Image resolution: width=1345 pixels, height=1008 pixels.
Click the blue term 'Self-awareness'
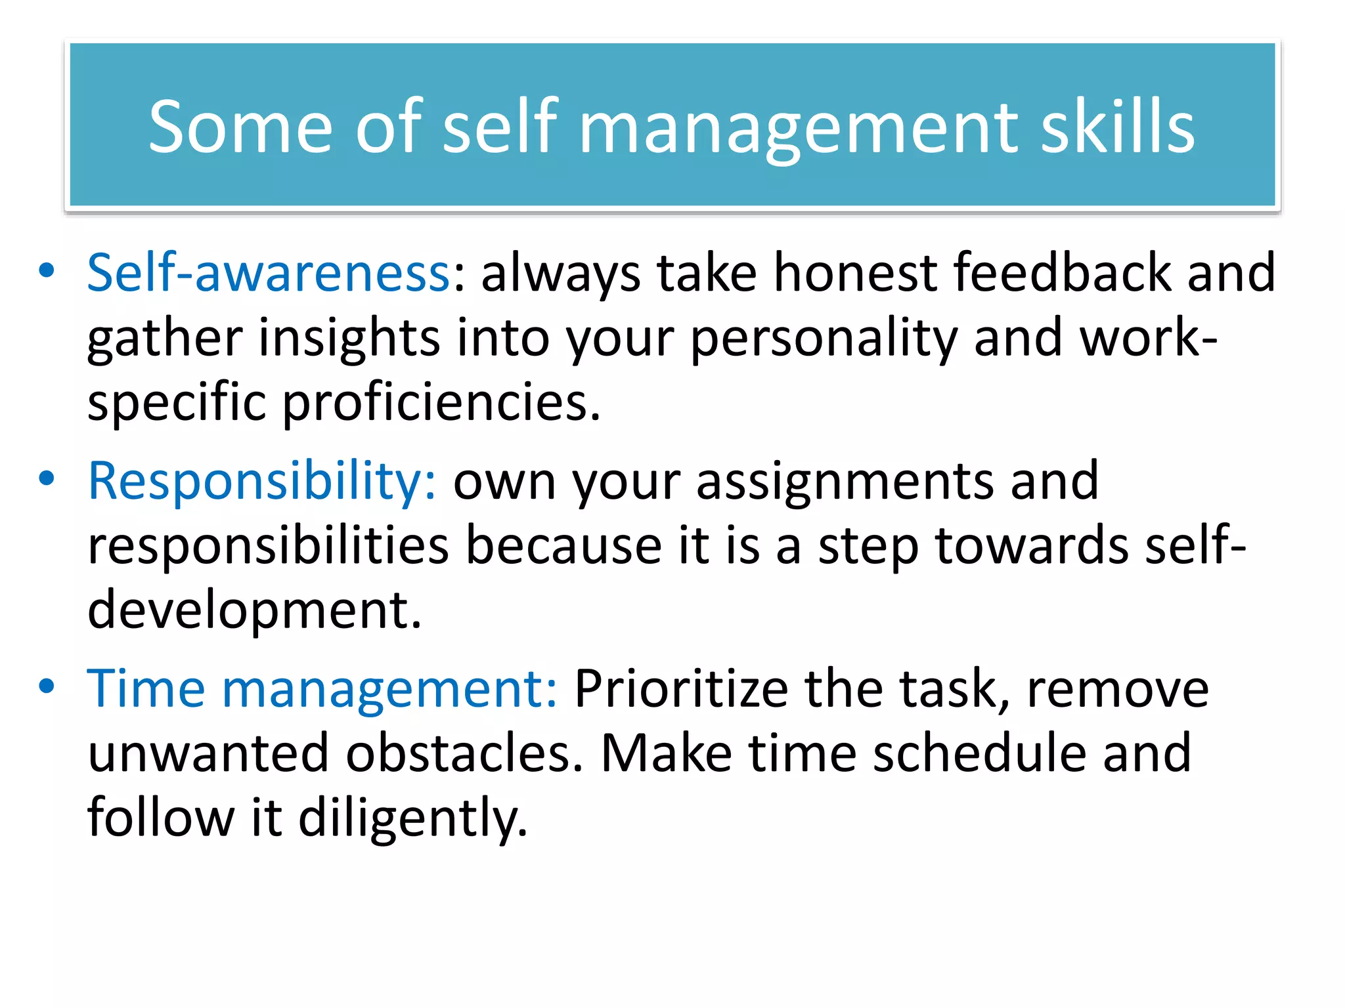[269, 272]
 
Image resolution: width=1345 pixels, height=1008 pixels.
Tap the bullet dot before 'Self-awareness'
[46, 271]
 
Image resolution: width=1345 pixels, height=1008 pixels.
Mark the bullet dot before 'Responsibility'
[46, 479]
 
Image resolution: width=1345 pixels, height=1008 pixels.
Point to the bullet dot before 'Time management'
[46, 686]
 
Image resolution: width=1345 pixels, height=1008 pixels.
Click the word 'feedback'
[1062, 272]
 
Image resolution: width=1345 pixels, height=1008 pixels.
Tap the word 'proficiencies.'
[441, 403]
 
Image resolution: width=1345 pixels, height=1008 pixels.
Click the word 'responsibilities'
[268, 546]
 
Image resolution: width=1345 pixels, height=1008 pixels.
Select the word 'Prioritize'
[681, 688]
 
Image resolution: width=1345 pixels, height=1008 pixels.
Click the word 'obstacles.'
[464, 753]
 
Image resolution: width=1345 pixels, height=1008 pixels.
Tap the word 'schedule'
[979, 753]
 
